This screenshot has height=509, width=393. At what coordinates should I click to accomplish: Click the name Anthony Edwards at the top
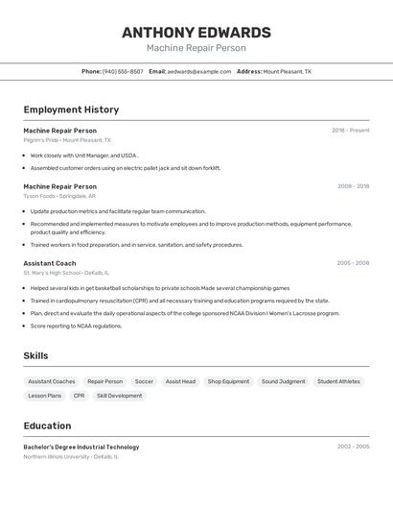196,33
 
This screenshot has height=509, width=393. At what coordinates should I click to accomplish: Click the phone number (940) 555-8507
123,71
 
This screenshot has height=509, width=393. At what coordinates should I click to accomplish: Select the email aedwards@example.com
199,71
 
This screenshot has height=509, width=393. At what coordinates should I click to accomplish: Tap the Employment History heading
71,109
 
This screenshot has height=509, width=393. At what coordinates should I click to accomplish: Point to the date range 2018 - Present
350,130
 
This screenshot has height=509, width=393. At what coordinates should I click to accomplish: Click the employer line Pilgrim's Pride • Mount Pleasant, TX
67,140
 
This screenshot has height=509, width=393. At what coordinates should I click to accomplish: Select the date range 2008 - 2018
353,186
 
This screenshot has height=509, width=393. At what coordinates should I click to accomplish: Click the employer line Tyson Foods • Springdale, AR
59,196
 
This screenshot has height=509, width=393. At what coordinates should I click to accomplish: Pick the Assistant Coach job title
50,262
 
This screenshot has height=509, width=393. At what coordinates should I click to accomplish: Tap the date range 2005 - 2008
353,262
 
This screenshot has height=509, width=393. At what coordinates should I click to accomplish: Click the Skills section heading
35,356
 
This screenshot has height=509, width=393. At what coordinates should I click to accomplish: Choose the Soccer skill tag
144,381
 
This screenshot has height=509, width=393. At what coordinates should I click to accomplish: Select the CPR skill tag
79,396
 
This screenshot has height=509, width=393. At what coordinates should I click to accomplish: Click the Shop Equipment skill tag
228,381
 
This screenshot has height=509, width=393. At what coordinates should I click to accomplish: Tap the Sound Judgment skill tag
283,381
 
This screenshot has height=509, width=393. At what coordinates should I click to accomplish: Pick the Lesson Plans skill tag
44,396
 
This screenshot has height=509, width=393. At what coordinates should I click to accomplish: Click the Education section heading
47,425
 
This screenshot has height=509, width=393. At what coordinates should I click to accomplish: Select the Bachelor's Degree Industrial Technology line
81,447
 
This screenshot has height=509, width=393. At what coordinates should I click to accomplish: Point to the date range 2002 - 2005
353,447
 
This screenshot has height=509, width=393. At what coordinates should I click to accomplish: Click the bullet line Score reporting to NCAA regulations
77,326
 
